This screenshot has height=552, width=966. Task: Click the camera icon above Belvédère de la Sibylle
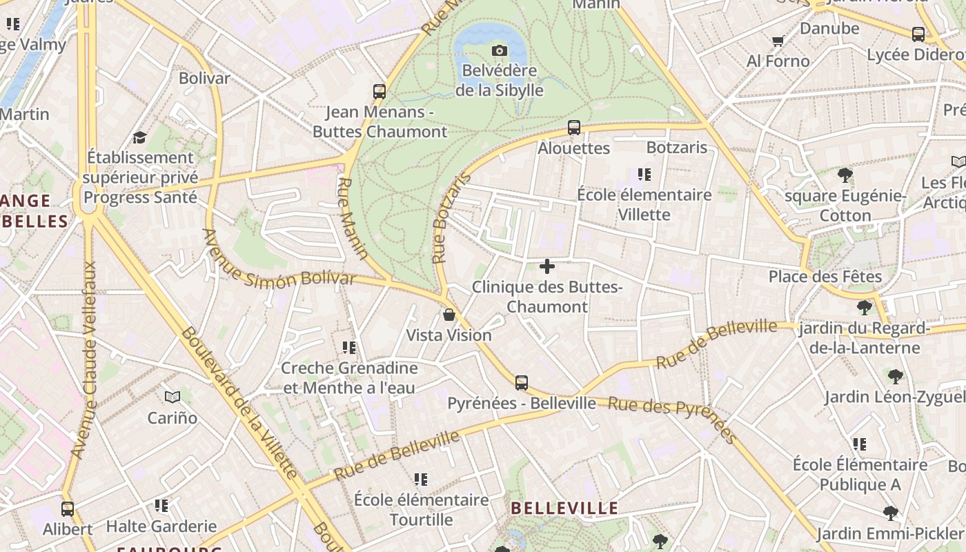(500, 50)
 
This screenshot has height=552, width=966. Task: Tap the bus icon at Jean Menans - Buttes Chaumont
(379, 91)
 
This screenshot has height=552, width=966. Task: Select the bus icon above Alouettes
(573, 128)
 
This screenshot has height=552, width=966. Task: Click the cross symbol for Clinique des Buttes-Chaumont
(547, 266)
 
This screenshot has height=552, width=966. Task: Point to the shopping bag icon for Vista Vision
(449, 315)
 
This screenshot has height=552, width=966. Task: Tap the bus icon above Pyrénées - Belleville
(522, 383)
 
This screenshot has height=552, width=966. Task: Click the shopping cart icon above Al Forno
(778, 41)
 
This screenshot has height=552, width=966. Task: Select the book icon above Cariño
(172, 397)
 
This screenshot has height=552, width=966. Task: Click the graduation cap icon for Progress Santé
(139, 137)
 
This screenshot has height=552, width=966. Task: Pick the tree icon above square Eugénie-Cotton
(845, 175)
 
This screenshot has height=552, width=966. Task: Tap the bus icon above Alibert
(68, 509)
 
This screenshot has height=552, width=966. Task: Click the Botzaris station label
(677, 148)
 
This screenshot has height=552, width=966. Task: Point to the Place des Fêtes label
(825, 277)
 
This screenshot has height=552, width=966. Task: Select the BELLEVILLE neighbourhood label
(564, 509)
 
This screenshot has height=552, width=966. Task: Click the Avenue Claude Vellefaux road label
(86, 359)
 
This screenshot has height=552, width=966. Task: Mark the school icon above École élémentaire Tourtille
(421, 480)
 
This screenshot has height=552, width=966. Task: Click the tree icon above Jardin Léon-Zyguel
(895, 377)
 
